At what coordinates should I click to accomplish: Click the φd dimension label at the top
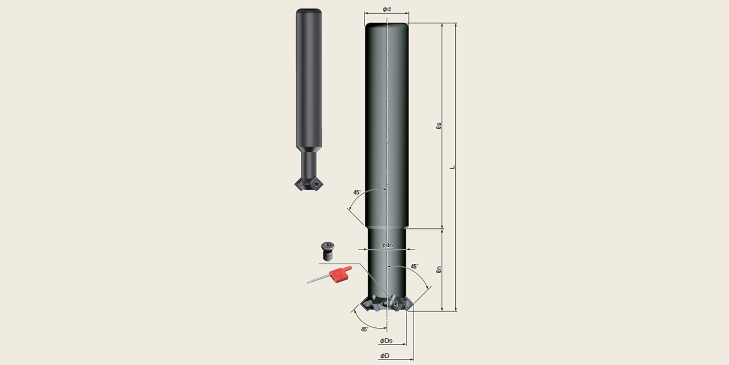click(387, 9)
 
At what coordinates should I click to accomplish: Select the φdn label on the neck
click(387, 245)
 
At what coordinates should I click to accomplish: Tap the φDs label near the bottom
click(386, 341)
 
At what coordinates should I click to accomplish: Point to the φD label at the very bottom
click(385, 356)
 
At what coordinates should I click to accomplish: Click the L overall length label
click(452, 167)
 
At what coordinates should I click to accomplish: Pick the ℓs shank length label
click(439, 126)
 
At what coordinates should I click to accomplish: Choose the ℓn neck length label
click(439, 269)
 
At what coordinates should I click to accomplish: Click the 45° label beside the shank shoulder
click(357, 192)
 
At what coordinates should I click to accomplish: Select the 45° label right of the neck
click(414, 267)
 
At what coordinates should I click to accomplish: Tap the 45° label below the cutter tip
click(364, 330)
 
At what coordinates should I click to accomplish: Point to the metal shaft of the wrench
click(318, 279)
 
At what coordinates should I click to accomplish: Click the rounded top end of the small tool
click(309, 12)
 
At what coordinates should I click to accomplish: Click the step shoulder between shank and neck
click(387, 227)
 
